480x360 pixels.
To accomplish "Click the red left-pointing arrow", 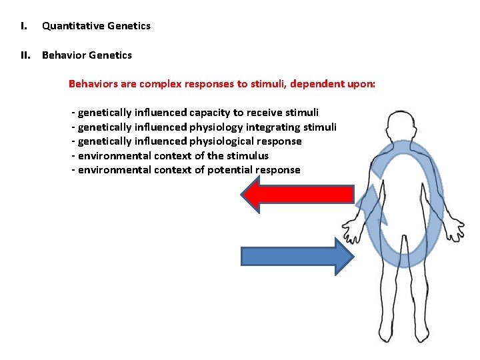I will coord(297,194).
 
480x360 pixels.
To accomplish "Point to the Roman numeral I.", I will coord(23,26).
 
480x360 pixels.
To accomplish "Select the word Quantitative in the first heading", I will coord(73,26).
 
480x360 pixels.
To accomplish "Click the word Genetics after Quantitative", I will coord(131,26).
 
